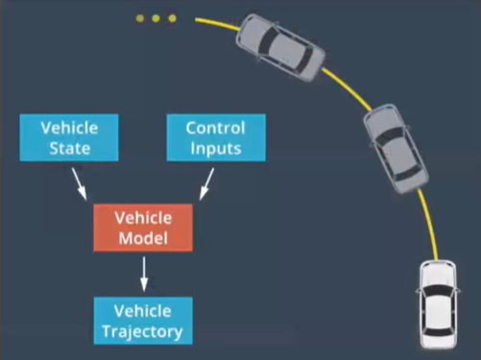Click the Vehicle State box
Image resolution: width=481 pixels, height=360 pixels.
pos(69,137)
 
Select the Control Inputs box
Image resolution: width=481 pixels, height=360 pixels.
pos(216,137)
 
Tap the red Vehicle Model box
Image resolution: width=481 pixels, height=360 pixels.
pos(143,228)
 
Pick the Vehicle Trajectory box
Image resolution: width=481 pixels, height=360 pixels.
pos(143,321)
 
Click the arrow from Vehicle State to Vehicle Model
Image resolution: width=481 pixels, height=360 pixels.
pos(79,184)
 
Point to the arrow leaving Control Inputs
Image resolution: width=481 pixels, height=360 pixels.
pos(206,184)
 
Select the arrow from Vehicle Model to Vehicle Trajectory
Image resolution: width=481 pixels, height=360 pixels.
pos(144,274)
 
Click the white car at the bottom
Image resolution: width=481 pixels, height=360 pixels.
pos(438,304)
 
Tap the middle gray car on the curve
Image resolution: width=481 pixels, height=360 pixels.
pos(396,149)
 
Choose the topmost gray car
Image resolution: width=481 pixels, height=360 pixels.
pos(280,47)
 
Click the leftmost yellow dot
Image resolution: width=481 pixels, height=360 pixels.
pos(139,18)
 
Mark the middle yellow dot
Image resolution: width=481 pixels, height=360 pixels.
pos(156,18)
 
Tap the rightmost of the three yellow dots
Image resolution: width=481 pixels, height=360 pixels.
pos(172,18)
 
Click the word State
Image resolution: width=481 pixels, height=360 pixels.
pos(69,149)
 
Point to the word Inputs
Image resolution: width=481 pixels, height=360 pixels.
pos(216,149)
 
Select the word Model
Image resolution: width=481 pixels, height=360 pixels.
pos(143,238)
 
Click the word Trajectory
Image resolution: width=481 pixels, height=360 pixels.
pos(142,331)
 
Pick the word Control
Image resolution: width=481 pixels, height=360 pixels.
pos(215,128)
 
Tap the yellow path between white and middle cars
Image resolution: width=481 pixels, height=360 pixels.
pos(430,224)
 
